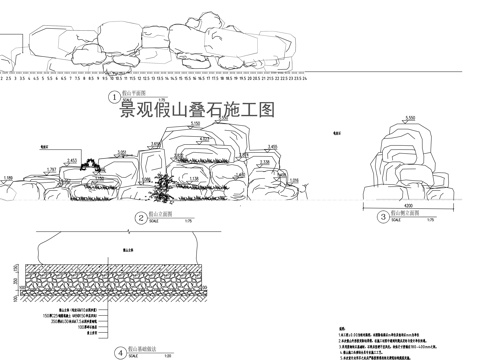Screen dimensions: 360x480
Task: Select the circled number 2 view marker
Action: point(140,217)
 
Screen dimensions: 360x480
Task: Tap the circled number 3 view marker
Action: point(384,217)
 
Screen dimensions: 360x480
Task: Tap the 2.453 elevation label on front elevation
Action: point(72,160)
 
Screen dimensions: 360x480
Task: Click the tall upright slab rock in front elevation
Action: point(156,165)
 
